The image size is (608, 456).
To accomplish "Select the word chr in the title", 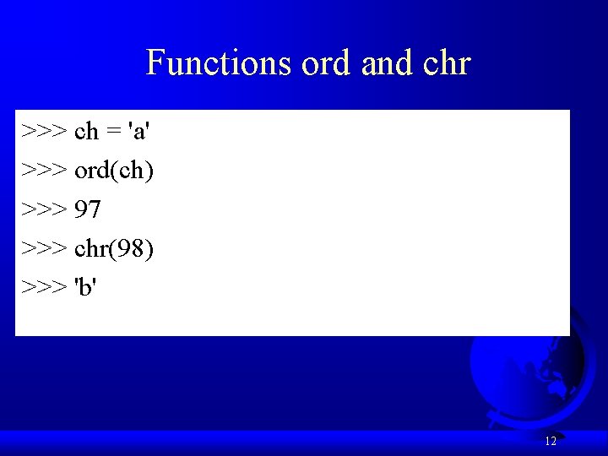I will point(447,63).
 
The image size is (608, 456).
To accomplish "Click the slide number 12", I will point(551,441).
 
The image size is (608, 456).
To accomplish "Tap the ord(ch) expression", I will point(114,171).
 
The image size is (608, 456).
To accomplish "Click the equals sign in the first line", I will point(112,133).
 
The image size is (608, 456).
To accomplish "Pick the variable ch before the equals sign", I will point(87,132).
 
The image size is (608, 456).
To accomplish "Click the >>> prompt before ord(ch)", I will point(45,171).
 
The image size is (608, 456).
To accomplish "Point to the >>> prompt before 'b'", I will point(45,287).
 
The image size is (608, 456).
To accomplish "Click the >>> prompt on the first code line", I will point(45,132).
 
